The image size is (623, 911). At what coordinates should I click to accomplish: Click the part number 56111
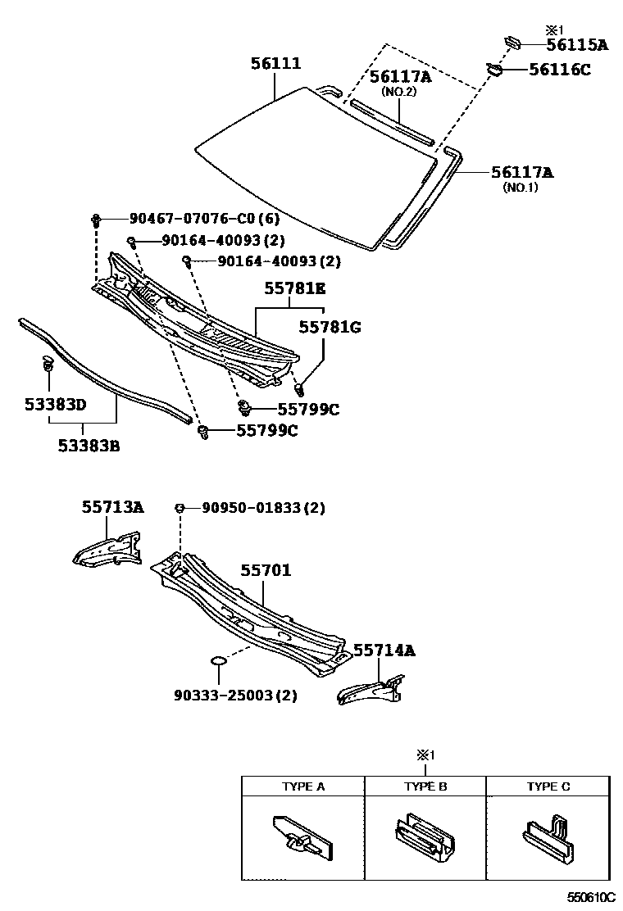point(275,64)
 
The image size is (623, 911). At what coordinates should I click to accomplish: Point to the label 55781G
point(330,327)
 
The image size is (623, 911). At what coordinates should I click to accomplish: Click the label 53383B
point(89,446)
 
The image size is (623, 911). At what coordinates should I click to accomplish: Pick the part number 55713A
point(112,508)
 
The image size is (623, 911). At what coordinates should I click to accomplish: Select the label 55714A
point(384,650)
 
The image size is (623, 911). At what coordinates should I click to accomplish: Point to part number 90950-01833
point(252,509)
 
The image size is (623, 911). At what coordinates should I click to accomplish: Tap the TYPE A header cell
point(303,786)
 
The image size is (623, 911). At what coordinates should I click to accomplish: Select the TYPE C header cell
point(548,786)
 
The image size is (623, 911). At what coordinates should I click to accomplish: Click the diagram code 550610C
point(593,897)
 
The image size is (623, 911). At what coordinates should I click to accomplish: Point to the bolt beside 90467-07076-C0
point(97,220)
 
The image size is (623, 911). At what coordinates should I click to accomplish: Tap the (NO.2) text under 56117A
point(400,93)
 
